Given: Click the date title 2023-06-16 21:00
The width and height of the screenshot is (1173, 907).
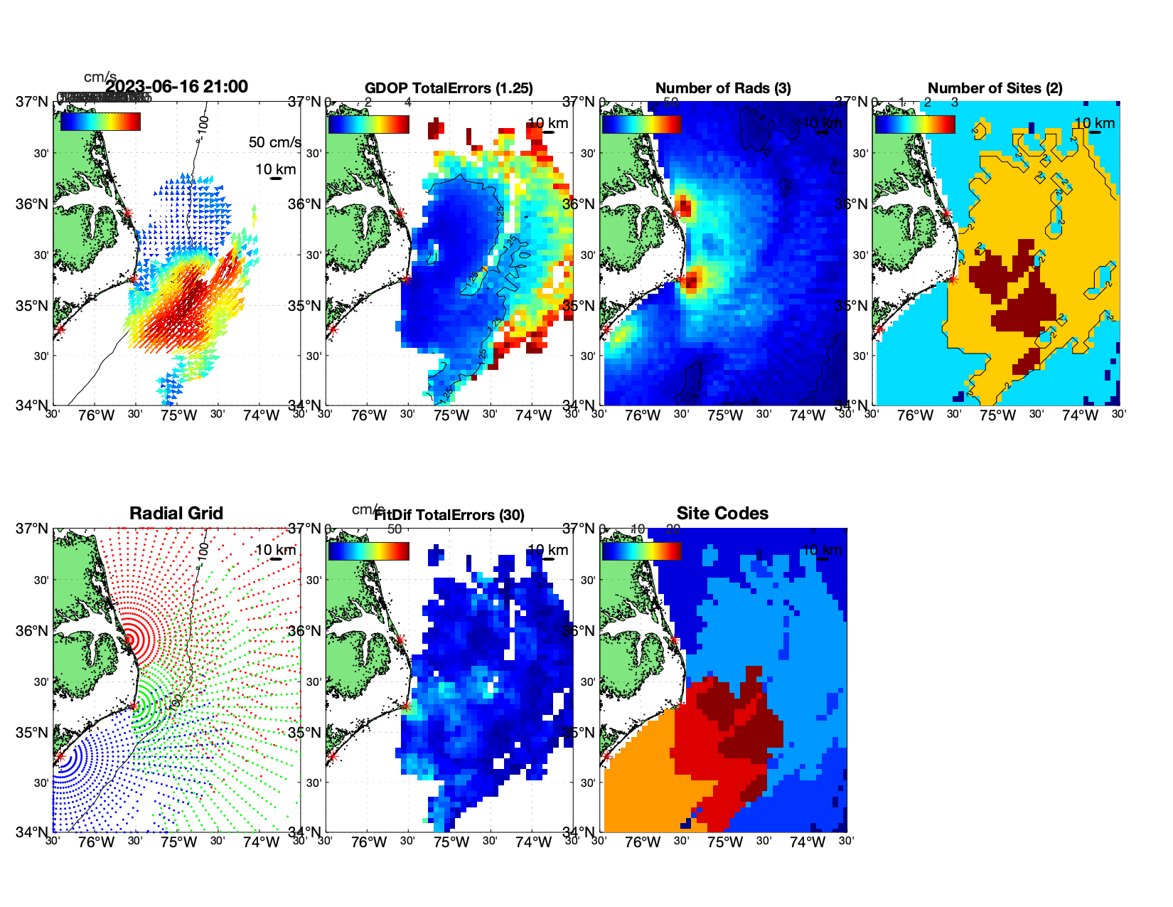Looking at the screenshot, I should click(176, 87).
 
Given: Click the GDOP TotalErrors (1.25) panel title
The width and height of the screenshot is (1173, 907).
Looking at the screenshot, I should click(449, 88).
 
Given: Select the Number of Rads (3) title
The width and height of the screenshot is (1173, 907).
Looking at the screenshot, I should click(723, 88).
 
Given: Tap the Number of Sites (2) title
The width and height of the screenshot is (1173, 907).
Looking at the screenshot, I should click(995, 88).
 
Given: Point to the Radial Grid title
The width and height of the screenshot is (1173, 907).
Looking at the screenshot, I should click(176, 514).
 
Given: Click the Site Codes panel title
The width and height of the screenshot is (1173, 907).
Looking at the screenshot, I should click(722, 514).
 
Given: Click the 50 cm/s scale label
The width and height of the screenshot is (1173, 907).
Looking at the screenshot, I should click(274, 142).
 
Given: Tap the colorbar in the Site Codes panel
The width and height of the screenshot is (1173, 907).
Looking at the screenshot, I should click(641, 551).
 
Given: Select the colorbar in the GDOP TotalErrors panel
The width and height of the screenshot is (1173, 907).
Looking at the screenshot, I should click(368, 124).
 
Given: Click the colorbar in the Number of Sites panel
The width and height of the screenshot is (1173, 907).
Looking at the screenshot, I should click(914, 124).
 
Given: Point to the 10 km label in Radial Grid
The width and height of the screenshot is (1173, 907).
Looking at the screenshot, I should click(275, 550).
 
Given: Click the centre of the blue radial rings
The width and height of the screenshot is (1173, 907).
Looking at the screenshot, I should click(60, 756).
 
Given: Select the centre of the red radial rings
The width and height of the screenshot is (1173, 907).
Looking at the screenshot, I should click(129, 640).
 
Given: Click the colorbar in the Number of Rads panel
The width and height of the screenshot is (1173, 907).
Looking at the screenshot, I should click(641, 124).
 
